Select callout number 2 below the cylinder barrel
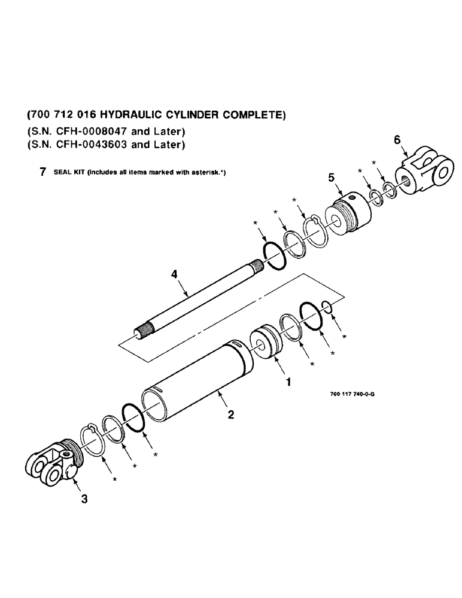231,414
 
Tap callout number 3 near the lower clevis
83,500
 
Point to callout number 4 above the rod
174,274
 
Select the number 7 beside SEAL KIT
41,172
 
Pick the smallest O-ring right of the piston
327,307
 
